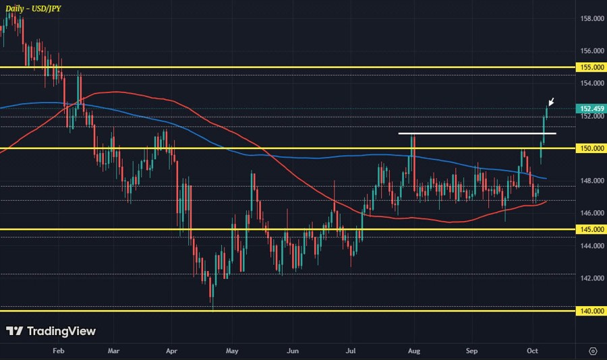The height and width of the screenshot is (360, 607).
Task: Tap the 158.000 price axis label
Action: (591, 19)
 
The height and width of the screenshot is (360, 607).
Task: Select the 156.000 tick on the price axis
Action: (591, 51)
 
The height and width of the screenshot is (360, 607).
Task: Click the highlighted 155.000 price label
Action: (591, 67)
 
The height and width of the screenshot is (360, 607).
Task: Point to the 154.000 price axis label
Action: (591, 84)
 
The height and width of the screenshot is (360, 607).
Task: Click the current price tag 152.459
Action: (591, 109)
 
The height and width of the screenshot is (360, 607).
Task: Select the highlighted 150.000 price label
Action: (591, 148)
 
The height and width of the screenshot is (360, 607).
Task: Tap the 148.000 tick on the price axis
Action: (591, 181)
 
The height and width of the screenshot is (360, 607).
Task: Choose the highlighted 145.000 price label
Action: (591, 230)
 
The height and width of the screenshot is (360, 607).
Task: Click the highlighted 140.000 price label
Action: (591, 311)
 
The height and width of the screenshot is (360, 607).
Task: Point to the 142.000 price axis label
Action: (591, 278)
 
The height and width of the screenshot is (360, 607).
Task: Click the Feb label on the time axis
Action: (57, 351)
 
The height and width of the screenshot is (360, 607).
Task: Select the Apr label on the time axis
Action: (171, 351)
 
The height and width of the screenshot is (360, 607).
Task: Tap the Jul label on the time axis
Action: (351, 351)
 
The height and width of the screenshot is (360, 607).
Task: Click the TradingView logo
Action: (51, 332)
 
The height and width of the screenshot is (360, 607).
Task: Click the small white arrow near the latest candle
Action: (551, 102)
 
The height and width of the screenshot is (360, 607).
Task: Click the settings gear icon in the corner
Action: (593, 351)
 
